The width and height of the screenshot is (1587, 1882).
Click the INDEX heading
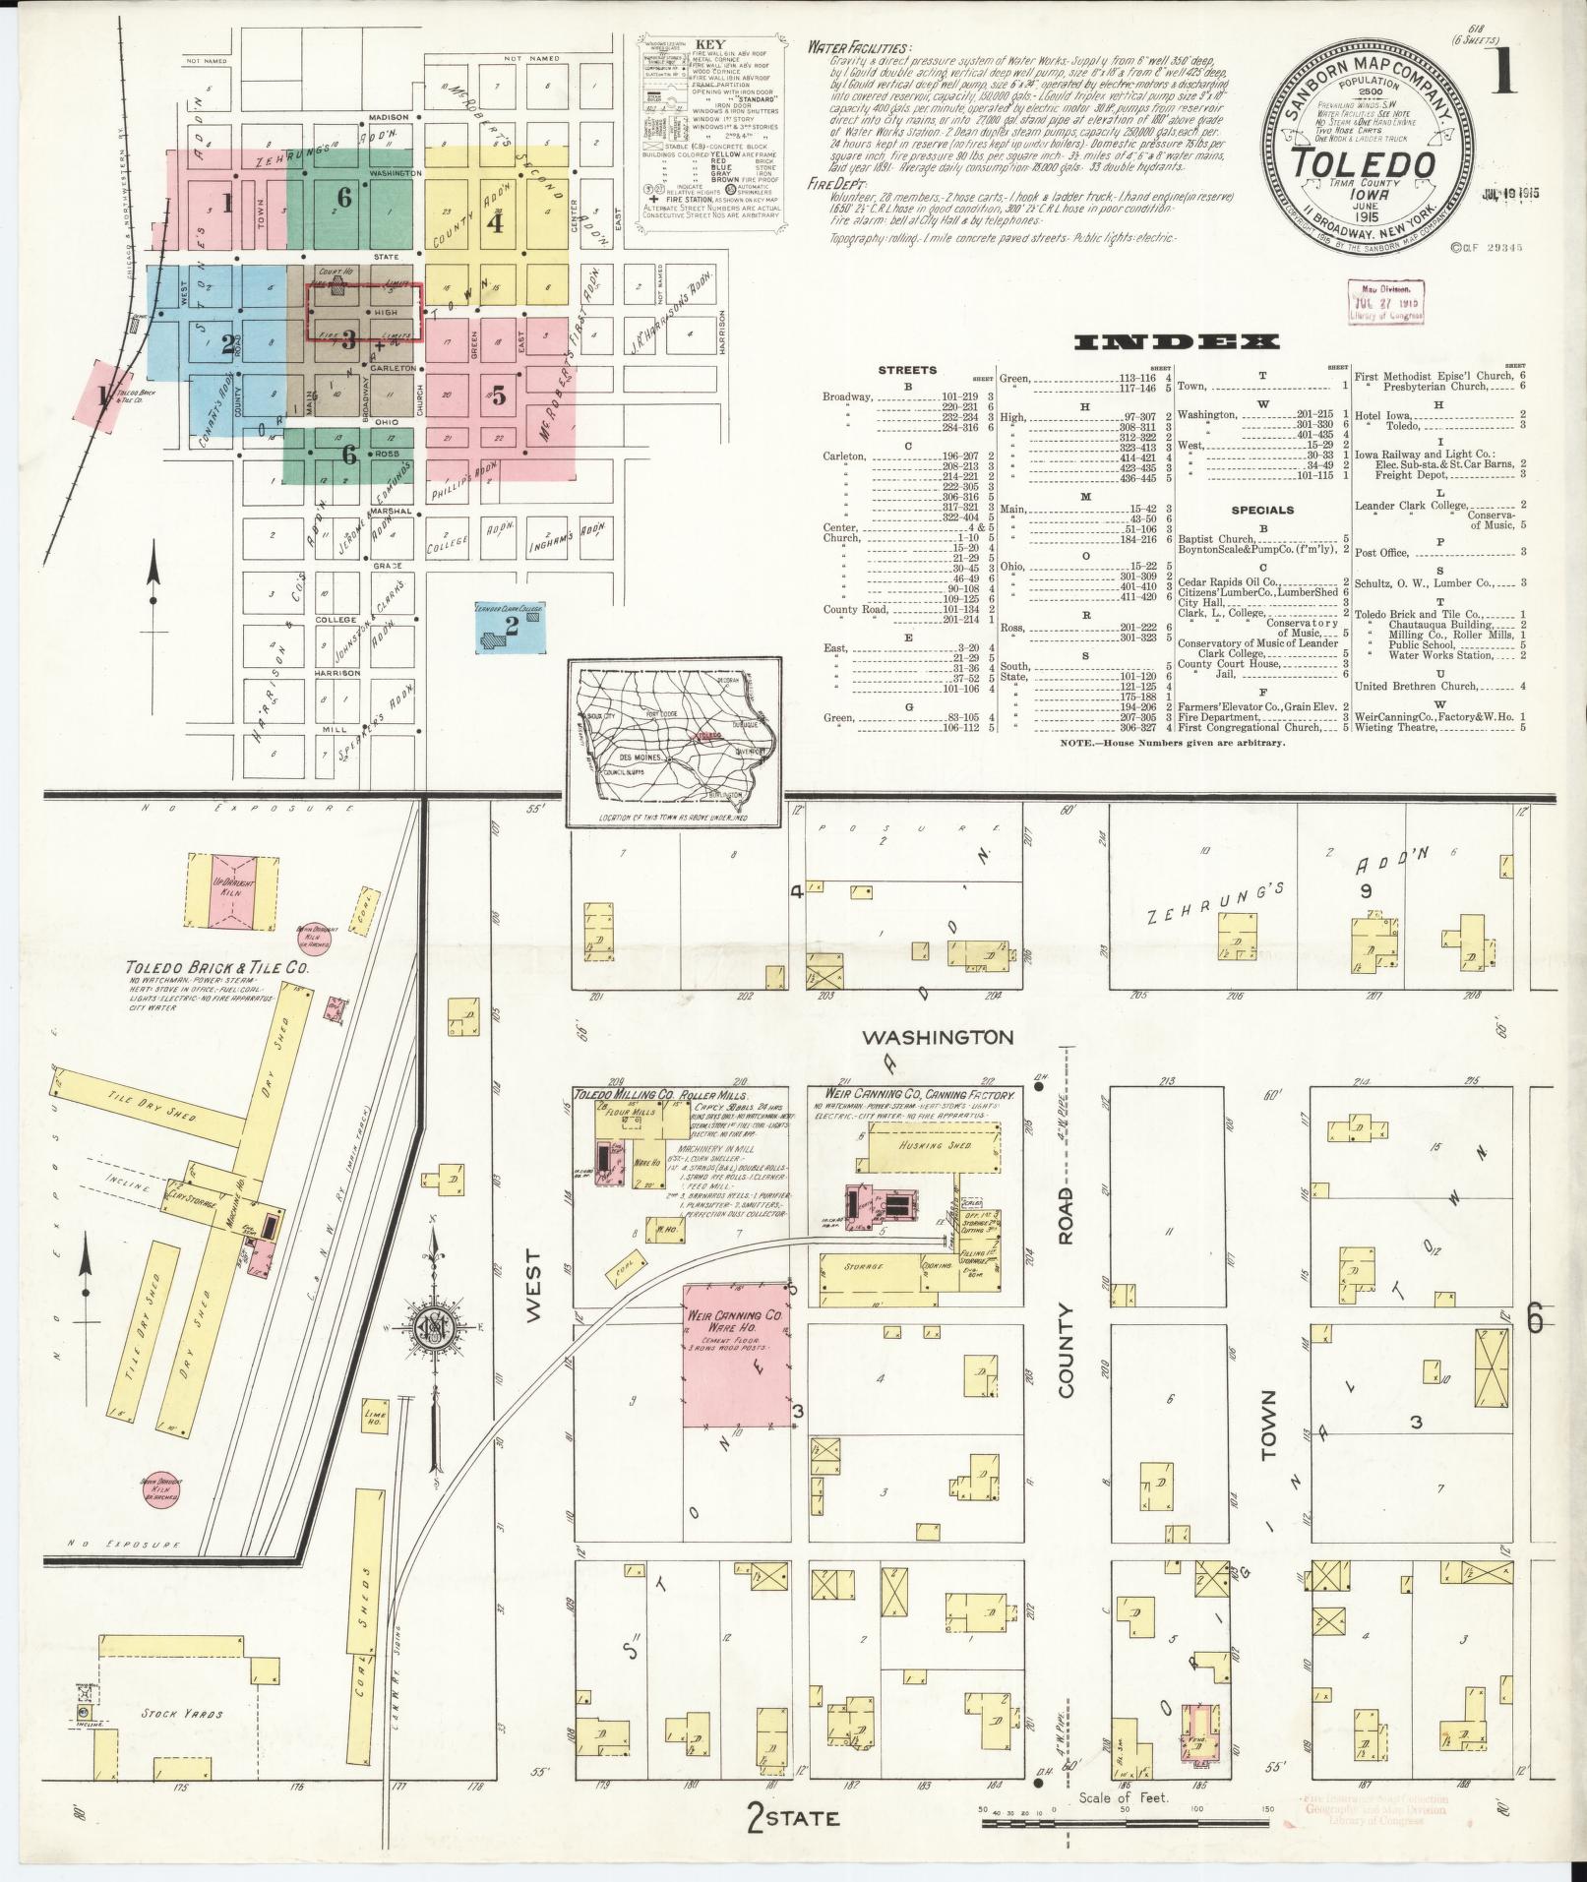(x=1177, y=341)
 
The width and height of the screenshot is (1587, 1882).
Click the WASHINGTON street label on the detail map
(x=937, y=1037)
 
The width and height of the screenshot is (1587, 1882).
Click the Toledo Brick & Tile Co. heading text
(x=216, y=969)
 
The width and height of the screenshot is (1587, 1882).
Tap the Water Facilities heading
(x=858, y=46)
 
